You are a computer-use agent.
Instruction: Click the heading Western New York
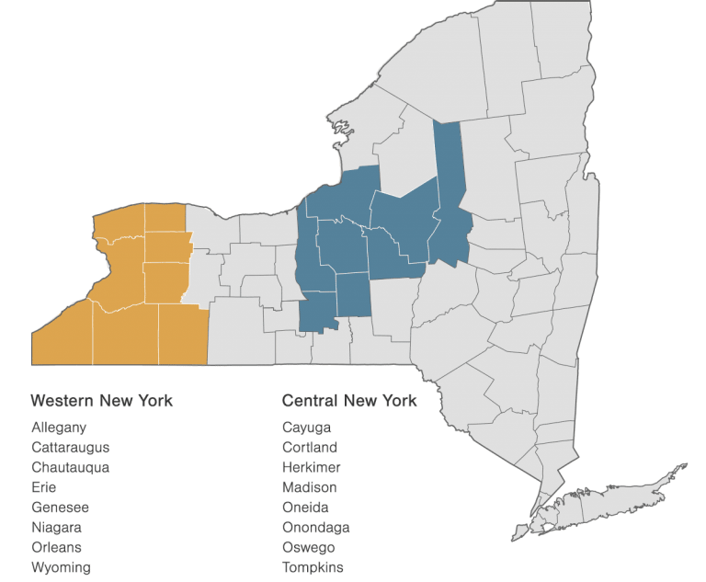[x=101, y=401]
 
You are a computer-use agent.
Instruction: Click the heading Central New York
[x=349, y=401]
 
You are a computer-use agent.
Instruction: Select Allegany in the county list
[x=59, y=428]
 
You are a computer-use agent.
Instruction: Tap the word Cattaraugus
[x=70, y=448]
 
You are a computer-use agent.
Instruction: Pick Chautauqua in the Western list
[x=71, y=467]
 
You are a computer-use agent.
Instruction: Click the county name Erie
[x=43, y=487]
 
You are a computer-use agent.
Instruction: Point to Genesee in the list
[x=60, y=508]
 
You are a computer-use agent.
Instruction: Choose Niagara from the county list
[x=56, y=528]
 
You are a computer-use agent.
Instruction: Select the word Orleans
[x=56, y=547]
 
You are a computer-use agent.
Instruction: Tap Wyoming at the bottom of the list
[x=61, y=567]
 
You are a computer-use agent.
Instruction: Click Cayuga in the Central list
[x=307, y=428]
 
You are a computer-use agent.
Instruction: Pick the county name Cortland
[x=310, y=448]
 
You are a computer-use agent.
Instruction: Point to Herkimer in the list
[x=310, y=467]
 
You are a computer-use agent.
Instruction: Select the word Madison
[x=310, y=487]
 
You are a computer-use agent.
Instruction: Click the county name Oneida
[x=305, y=508]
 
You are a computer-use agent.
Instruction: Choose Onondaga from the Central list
[x=316, y=528]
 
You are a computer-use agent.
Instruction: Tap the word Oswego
[x=308, y=547]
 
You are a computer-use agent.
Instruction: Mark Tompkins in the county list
[x=313, y=567]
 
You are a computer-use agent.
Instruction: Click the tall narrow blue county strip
[x=448, y=175]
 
